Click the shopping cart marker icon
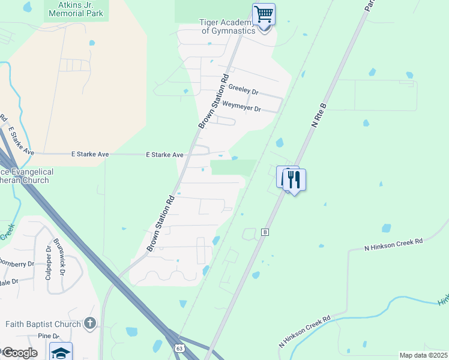pos(264,13)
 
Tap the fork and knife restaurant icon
pos(294,179)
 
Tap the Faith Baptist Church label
pos(43,325)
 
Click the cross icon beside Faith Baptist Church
pos(90,324)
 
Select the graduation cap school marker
pos(61,352)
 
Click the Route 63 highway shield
pos(179,347)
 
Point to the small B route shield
pos(265,232)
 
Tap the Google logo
pos(20,352)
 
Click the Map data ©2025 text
pos(423,355)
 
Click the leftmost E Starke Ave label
pos(90,154)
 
